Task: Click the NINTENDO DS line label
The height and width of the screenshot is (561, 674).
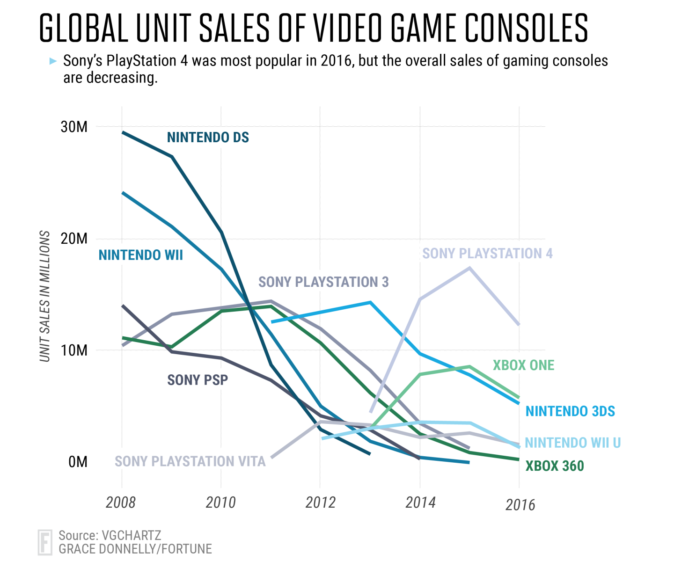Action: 208,138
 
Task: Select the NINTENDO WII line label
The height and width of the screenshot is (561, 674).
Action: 140,255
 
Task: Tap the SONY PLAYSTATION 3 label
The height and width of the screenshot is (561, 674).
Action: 323,282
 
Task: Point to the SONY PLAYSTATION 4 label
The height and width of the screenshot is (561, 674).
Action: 487,254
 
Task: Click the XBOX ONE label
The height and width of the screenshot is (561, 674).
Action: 523,365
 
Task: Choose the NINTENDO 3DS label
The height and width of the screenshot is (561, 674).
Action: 570,411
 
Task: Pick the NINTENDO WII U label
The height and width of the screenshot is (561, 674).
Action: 572,443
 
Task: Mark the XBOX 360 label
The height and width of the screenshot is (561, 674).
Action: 555,466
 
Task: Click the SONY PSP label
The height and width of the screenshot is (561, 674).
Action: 198,380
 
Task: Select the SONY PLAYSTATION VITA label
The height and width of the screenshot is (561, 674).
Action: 190,462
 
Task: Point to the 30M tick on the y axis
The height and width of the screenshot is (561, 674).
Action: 74,127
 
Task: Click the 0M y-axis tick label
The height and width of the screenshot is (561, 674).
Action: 78,462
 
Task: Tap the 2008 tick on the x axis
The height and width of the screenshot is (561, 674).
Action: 121,503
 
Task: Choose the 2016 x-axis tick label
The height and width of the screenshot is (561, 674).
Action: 520,505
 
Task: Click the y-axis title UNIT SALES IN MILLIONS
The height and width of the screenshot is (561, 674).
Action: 45,296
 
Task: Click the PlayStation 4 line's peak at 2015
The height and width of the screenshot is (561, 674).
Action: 469,268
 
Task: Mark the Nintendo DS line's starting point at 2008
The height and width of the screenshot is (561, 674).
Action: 122,132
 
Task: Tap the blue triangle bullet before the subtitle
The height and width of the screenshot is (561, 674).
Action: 53,61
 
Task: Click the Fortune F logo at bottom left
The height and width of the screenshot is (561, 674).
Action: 45,542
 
